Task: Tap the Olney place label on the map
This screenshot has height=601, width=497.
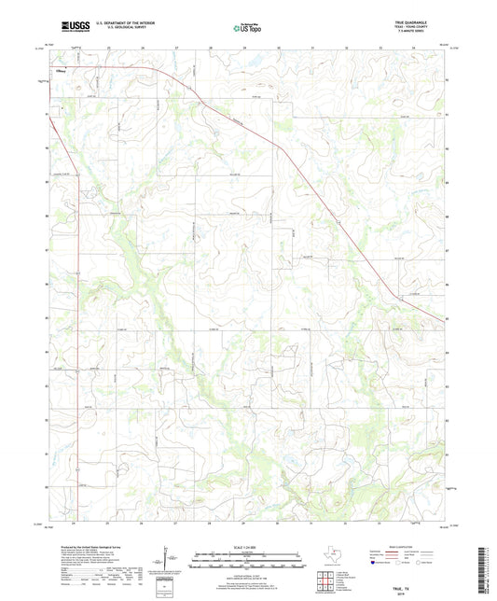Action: [62, 69]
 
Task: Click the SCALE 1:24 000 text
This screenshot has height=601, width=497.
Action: [248, 547]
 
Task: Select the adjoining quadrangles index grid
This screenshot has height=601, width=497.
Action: [328, 580]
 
